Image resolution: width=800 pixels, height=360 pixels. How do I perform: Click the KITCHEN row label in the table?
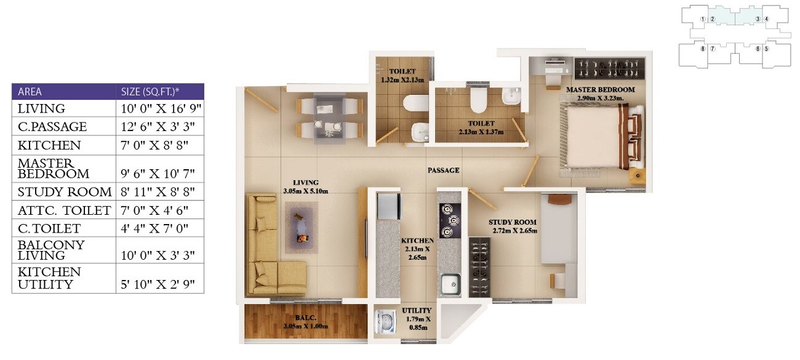(49, 145)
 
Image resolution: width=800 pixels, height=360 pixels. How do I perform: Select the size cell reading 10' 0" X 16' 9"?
(159, 108)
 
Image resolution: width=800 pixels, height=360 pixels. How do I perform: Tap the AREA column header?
(30, 92)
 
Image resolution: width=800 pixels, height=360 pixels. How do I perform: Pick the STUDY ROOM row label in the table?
(65, 191)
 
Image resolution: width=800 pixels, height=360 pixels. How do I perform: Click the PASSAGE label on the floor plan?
(443, 170)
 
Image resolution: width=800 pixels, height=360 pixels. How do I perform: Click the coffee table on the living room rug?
(300, 226)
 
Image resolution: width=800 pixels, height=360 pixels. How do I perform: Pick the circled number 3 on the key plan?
(758, 18)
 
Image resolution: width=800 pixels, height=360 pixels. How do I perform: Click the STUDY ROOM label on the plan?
(513, 222)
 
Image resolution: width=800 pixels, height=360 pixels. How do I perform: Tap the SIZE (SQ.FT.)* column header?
(151, 92)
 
